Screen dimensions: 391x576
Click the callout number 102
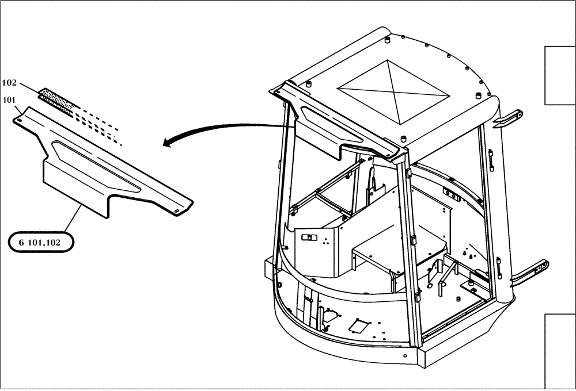click(x=10, y=82)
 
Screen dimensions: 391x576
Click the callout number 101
click(x=10, y=99)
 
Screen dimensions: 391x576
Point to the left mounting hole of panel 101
click(x=20, y=120)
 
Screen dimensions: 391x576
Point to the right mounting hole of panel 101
click(x=176, y=210)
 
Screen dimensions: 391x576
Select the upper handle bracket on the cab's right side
click(x=509, y=118)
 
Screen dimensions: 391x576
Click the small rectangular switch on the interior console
click(x=309, y=237)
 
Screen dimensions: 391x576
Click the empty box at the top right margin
click(x=560, y=75)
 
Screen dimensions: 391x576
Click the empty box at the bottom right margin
click(x=560, y=351)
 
